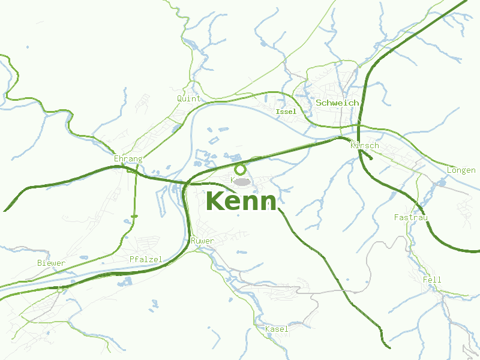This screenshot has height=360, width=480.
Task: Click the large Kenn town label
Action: coord(241,201)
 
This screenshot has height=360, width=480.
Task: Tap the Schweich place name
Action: coord(337,103)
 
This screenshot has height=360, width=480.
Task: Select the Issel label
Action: coord(286,112)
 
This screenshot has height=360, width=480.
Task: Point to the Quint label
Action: coord(188,98)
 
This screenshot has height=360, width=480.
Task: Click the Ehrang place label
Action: coord(128,159)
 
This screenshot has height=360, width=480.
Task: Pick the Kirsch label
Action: coord(364,146)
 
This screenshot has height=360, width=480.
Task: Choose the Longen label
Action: coord(461,170)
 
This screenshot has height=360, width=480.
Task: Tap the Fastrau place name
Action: coord(410,217)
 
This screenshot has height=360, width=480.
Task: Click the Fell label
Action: coord(431,280)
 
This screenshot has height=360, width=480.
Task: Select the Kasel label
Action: coord(277,329)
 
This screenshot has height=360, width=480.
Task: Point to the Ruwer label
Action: coord(202,241)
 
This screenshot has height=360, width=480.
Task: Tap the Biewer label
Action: coord(51,263)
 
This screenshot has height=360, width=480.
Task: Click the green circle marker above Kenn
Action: coord(241,170)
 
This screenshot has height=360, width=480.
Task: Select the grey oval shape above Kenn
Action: coord(242,181)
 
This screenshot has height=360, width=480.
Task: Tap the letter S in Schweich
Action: coord(319,103)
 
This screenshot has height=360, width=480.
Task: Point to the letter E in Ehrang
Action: coord(116,159)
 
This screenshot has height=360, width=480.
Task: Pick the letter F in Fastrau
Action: coord(397,217)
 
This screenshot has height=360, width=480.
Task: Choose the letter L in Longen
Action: coord(449,170)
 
